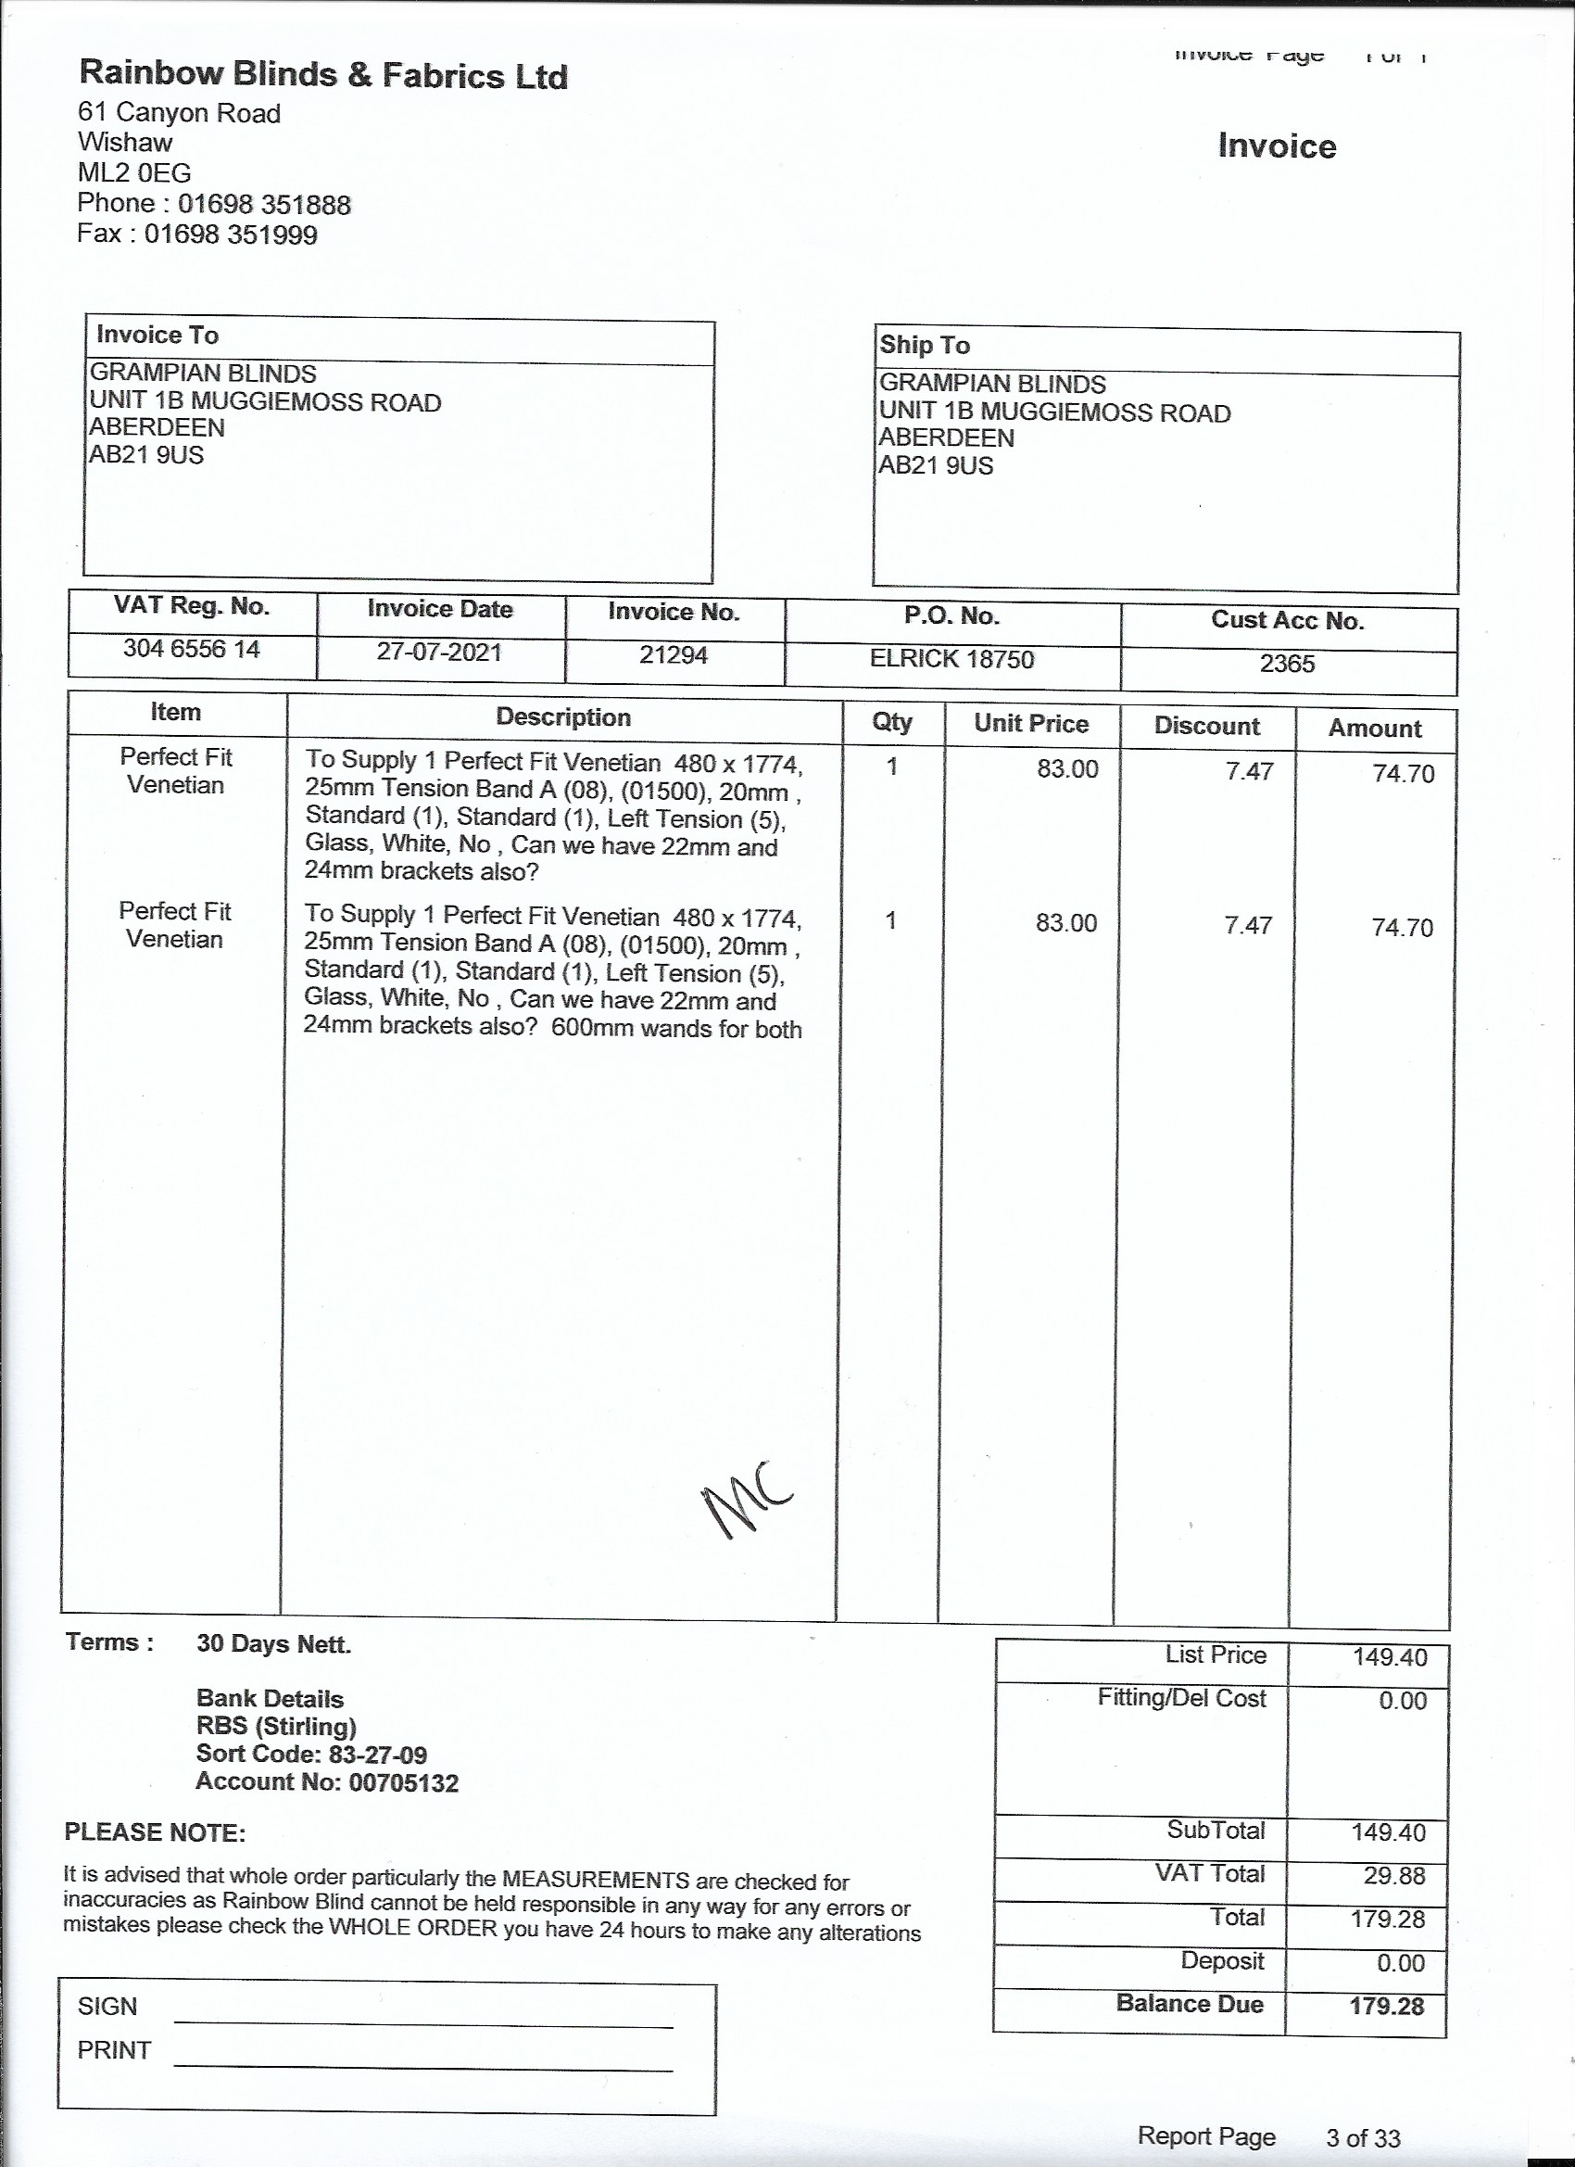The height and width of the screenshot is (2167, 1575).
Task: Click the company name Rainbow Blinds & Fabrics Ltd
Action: [x=322, y=74]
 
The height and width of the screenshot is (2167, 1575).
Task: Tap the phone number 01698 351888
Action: [x=265, y=205]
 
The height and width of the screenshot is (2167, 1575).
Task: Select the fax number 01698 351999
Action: [x=231, y=235]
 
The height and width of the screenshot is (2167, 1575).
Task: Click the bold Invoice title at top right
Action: [x=1276, y=146]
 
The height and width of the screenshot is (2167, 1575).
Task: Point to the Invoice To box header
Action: [x=157, y=336]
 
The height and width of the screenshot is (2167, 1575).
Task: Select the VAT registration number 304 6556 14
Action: [x=191, y=650]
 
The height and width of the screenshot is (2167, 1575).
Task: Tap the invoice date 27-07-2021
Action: [x=438, y=653]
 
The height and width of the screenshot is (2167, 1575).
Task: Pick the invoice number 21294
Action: [x=674, y=655]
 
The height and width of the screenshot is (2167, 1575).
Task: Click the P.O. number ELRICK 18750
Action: [x=951, y=659]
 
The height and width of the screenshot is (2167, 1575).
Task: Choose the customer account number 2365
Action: [x=1287, y=664]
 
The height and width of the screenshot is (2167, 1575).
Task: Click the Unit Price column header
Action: [x=1030, y=723]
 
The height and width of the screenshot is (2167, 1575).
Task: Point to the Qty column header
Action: [x=891, y=721]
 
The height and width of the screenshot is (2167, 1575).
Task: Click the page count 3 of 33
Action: [x=1362, y=2137]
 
